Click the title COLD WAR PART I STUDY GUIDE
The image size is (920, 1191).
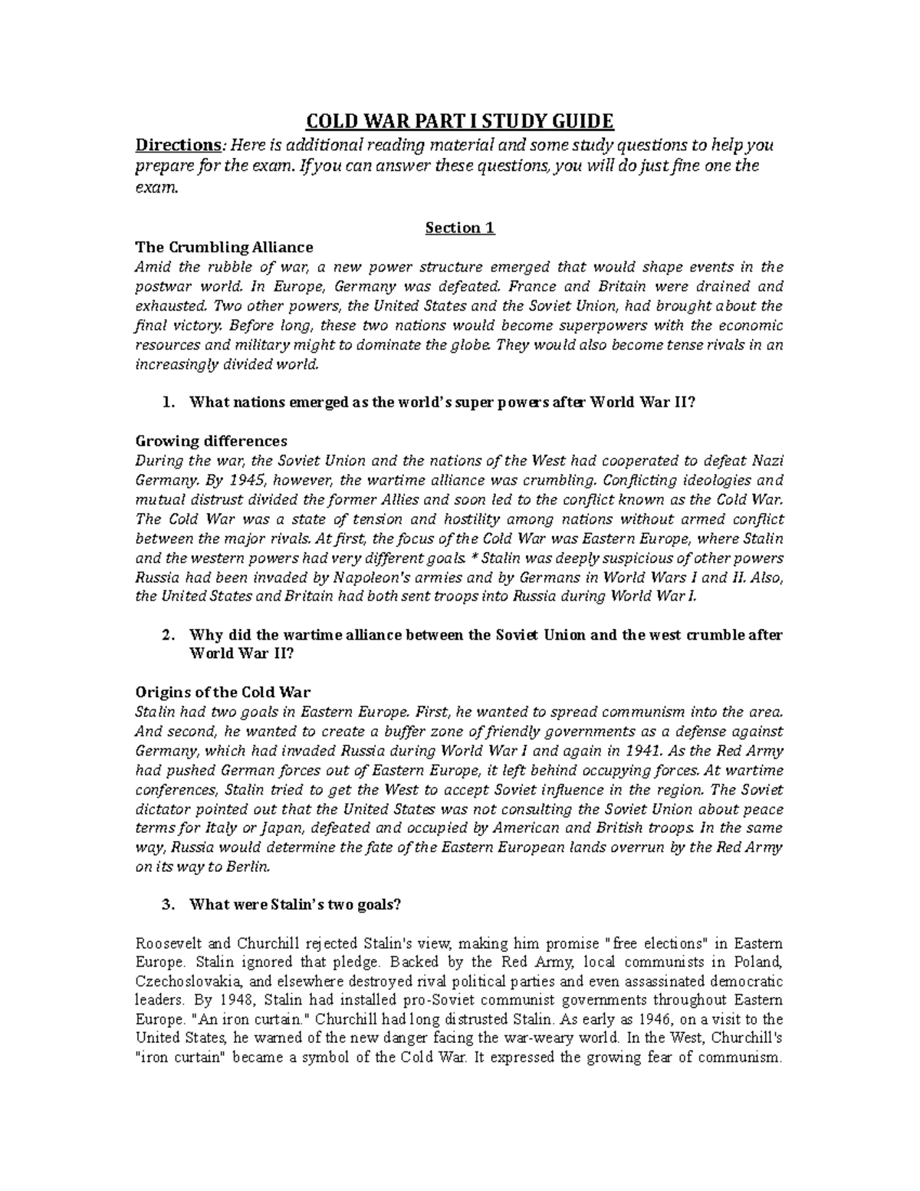click(x=460, y=122)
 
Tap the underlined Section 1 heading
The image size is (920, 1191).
click(x=460, y=228)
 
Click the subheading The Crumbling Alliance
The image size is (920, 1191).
click(x=224, y=248)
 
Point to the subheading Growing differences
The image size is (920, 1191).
click(x=211, y=441)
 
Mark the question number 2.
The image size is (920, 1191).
click(x=168, y=635)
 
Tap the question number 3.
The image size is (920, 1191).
click(x=168, y=905)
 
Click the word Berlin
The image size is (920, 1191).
click(x=248, y=867)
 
